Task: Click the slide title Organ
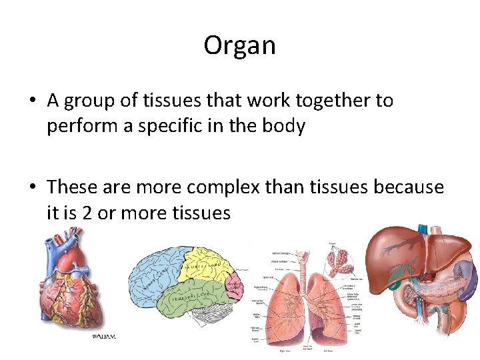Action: click(x=239, y=45)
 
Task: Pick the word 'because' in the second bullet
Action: click(x=409, y=187)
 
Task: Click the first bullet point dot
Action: click(x=32, y=101)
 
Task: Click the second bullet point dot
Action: click(x=32, y=188)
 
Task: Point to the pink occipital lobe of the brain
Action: click(x=234, y=283)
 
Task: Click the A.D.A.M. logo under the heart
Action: click(x=105, y=337)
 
